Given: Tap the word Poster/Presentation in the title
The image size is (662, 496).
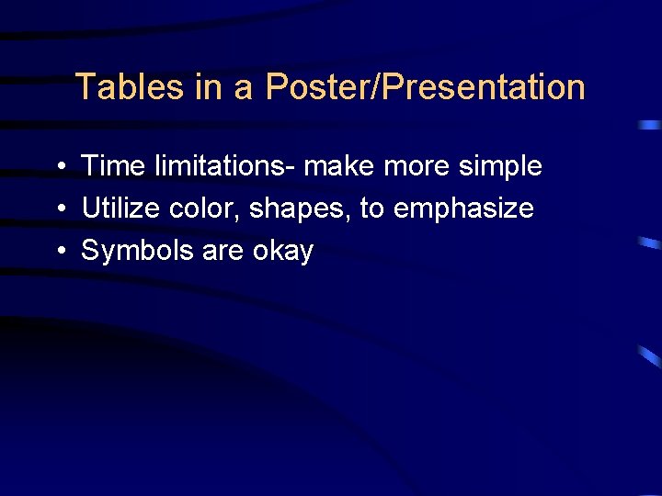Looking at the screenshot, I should [x=425, y=87].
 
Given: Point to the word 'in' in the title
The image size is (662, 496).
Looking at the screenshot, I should [x=208, y=87].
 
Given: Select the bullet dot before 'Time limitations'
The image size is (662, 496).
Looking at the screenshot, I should [x=58, y=167].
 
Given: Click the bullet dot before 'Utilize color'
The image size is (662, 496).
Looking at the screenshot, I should [x=58, y=209].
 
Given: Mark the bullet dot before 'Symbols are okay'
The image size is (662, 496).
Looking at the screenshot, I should [x=58, y=252].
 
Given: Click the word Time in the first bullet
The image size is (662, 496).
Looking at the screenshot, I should [x=112, y=166].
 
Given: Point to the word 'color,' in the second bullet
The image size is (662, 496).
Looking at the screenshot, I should [x=205, y=209].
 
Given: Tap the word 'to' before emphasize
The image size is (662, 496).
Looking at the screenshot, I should [x=371, y=209].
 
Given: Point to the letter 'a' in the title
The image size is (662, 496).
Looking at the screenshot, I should [x=242, y=88].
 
